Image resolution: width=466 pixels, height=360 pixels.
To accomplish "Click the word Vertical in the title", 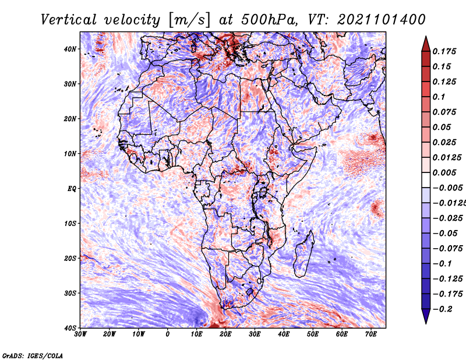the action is [x=69, y=20].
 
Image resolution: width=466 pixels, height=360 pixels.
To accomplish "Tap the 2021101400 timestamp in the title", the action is [x=382, y=20].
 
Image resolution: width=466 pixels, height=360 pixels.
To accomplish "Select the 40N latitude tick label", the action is [x=70, y=49].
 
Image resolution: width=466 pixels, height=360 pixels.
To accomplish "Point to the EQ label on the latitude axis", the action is [x=72, y=189].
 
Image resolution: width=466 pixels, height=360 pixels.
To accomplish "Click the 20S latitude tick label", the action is [x=70, y=258].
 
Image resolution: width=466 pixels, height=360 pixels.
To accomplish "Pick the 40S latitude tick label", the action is [x=70, y=328].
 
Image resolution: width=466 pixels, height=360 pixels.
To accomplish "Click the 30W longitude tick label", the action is [x=80, y=334].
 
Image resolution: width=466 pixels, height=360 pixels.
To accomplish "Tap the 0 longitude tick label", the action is [x=168, y=334].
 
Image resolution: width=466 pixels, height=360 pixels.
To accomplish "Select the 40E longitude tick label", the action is [x=284, y=334].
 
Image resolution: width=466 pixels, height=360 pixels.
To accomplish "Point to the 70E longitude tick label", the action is [x=371, y=334].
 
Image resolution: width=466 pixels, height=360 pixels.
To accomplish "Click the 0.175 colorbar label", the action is [x=444, y=51].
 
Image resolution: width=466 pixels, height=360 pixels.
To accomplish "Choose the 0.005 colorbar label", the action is [x=444, y=172].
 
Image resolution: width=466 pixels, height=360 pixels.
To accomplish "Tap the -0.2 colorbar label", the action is [x=443, y=309].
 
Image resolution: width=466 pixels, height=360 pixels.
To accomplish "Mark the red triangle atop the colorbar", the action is [x=426, y=44].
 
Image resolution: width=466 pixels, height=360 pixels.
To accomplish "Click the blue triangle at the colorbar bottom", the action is [x=426, y=316].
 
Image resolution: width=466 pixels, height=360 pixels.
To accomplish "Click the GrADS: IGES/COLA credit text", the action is [x=33, y=355].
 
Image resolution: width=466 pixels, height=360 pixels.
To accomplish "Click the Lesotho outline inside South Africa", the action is [x=250, y=292].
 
